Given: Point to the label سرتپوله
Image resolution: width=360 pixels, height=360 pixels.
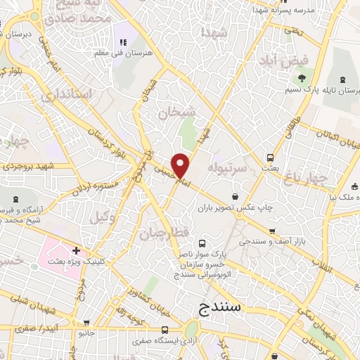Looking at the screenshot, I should pos(225,167).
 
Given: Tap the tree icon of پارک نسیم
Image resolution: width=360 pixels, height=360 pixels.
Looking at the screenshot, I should pos(302,78).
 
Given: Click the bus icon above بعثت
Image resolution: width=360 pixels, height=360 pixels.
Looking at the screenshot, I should pos(270,157).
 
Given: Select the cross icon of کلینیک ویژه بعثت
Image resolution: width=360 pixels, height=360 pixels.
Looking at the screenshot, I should pos(75,250).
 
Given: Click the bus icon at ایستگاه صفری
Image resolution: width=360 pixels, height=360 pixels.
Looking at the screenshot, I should pos(165,330).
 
